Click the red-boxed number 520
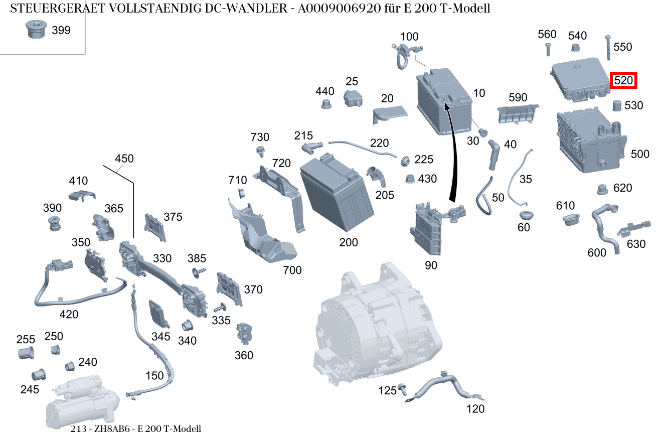point(623,80)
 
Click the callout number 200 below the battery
point(349,243)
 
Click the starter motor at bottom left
point(83,404)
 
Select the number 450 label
point(124,159)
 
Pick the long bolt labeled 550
point(608,47)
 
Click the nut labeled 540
point(576,49)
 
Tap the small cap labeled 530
point(617,106)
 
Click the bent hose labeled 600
point(605,225)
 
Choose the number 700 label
point(292,270)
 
